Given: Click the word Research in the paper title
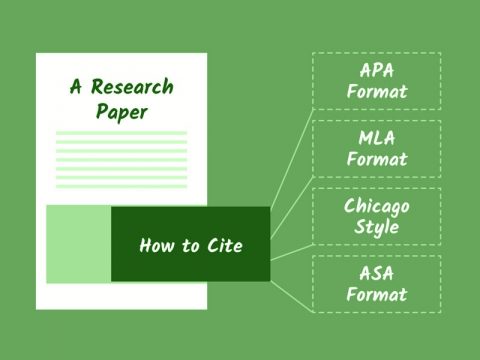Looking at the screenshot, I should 134,87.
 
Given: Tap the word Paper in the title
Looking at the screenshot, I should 122,111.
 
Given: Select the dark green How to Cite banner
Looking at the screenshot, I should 190,244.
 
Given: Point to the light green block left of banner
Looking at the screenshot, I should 78,244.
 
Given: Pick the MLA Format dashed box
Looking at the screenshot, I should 376,149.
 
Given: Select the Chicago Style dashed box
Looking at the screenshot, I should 376,216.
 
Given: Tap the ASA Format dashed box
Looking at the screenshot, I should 376,283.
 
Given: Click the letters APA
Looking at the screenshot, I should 377,71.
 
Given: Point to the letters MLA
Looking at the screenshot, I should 377,138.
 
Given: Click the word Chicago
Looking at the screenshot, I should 377,205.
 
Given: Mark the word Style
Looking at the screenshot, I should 377,227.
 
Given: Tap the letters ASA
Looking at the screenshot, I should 377,272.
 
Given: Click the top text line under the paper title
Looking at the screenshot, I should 121,133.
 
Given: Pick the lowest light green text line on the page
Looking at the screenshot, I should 121,186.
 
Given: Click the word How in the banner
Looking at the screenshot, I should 155,245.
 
